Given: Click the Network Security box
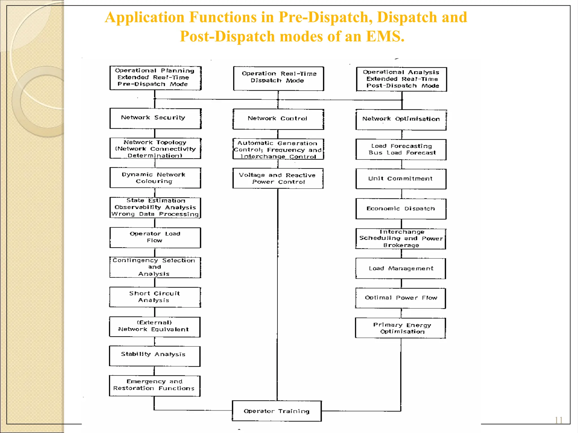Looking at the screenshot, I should point(155,118).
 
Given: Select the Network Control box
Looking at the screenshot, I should point(278,119).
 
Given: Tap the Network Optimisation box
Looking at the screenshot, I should point(401,120).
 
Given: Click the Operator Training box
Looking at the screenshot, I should point(277,411).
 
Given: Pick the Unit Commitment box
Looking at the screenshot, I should point(401,179).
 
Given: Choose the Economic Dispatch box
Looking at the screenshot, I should point(401,209).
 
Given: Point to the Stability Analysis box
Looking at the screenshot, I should point(155,356).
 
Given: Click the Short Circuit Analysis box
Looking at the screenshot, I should point(155,297).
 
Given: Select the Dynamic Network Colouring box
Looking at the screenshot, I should point(155,178).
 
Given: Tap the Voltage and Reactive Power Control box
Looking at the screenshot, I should point(278,178).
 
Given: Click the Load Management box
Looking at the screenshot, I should point(401,268).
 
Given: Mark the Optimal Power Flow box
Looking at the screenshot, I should point(401,298).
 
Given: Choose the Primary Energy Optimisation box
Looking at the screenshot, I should point(401,328).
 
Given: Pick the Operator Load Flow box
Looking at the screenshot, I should point(155,237).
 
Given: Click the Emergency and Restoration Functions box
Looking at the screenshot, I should point(155,386).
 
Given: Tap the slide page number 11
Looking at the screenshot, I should point(559,420).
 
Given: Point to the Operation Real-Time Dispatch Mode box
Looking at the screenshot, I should point(279,78).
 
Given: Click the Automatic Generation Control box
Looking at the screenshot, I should point(278,149).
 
